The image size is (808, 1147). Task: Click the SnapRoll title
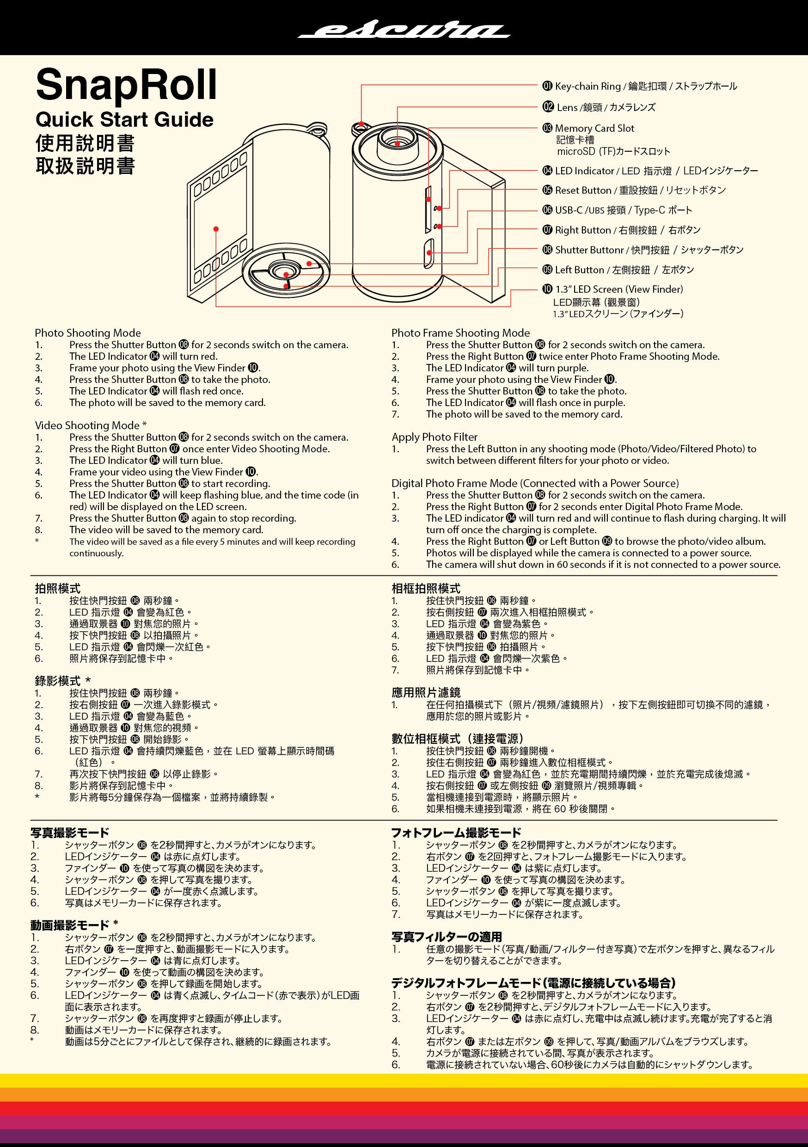click(126, 85)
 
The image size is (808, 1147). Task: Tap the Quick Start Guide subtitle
click(124, 120)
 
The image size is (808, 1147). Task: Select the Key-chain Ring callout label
click(639, 86)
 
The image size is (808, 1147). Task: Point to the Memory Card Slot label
click(594, 129)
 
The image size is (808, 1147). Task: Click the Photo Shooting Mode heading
click(88, 333)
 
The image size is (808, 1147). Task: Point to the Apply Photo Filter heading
click(435, 437)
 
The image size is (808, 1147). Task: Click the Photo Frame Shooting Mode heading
click(460, 333)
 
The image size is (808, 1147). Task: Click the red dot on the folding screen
click(216, 229)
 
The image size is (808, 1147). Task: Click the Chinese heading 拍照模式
click(57, 588)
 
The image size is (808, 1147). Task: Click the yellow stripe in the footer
click(404, 1080)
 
